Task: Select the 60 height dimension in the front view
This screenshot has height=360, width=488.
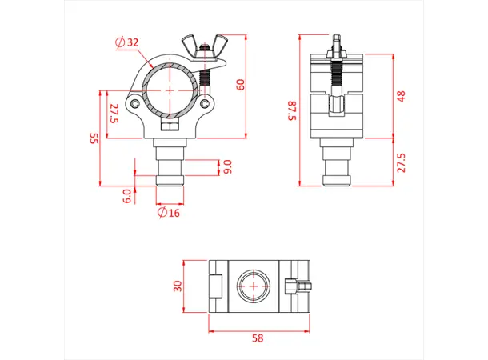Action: click(x=241, y=84)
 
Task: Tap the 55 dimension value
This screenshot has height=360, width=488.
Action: click(x=94, y=139)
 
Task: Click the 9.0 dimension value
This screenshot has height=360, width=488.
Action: click(x=228, y=166)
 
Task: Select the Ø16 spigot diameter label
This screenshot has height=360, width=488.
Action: click(x=168, y=213)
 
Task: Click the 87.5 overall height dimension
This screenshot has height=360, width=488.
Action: click(x=293, y=110)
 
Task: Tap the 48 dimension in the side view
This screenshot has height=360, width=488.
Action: click(x=402, y=96)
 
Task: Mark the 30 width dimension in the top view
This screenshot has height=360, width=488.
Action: click(x=178, y=286)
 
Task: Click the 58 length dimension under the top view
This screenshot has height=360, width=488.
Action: click(x=257, y=338)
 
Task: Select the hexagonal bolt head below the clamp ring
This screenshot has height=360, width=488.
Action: click(x=170, y=125)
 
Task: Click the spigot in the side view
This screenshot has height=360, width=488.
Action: click(x=335, y=169)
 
